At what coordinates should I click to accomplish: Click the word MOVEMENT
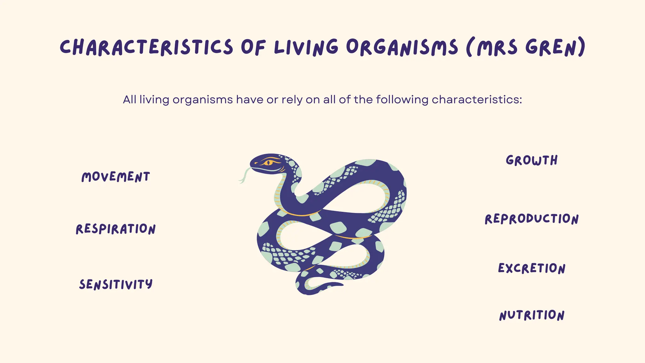coord(116,177)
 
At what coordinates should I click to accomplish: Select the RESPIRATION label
coord(116,229)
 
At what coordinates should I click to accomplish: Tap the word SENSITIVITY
coord(116,284)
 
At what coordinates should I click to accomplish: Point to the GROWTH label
coord(532,160)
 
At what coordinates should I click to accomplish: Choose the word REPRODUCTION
coord(532,219)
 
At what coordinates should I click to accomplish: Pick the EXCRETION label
coord(532,268)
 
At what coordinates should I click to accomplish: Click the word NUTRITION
coord(532,315)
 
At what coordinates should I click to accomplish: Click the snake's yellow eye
coord(269,163)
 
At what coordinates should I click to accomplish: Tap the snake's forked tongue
coord(244,176)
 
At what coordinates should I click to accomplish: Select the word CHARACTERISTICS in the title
coord(146,48)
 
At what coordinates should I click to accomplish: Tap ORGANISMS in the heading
coord(402,48)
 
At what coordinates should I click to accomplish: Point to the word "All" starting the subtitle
coord(129,100)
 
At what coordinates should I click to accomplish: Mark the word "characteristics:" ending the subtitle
coord(477,100)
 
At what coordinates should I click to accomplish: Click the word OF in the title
coord(253,48)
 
